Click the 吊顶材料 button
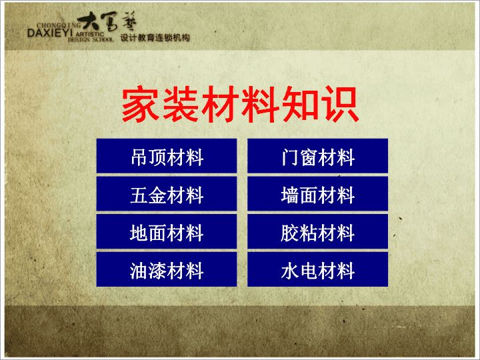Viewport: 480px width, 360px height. tap(167, 156)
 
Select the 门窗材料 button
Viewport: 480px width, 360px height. tap(317, 156)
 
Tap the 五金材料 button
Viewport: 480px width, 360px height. tap(167, 193)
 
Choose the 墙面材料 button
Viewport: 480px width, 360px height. tap(317, 193)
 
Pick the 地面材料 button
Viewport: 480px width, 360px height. tap(167, 231)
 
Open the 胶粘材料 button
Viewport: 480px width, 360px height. tap(317, 231)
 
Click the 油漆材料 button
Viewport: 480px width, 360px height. tap(167, 269)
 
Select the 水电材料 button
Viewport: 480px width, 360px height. tap(317, 269)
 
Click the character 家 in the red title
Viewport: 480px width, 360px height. tap(141, 104)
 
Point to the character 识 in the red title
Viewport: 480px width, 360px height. tap(340, 104)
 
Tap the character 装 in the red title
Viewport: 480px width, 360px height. tap(180, 104)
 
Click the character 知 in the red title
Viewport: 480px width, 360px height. tap(300, 104)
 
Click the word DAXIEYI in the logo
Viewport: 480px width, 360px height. tap(50, 33)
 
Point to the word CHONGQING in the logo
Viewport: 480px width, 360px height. tap(59, 25)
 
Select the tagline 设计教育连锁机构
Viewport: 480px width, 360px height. tap(155, 37)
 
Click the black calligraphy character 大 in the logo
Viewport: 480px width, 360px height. tap(89, 21)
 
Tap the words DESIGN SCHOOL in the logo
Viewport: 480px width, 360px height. tap(91, 39)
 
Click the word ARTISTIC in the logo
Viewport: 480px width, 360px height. tap(90, 34)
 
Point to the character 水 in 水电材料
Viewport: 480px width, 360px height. tap(289, 271)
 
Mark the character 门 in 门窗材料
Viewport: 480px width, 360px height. tap(290, 157)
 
